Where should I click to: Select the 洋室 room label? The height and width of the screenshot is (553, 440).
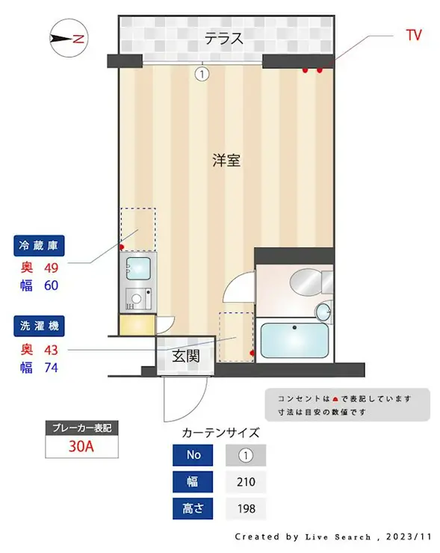tap(226, 160)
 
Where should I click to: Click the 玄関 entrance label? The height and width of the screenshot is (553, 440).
tap(186, 356)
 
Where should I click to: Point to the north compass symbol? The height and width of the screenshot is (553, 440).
tap(69, 38)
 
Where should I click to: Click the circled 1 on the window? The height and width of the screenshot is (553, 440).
tap(201, 73)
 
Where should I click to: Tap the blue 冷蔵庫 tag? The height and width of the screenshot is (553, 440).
tap(40, 245)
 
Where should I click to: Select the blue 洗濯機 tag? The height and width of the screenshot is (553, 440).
tap(40, 327)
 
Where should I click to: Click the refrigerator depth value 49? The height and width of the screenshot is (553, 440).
tap(51, 266)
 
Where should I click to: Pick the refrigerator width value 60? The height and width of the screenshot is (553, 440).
tap(51, 285)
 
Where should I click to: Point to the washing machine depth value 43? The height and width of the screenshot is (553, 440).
tap(51, 349)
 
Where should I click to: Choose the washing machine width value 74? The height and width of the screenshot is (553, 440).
tap(51, 367)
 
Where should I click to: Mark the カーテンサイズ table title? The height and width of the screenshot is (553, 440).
tap(220, 433)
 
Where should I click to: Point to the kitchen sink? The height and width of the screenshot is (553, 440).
tap(139, 267)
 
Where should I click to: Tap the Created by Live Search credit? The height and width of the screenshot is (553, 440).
tap(333, 537)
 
